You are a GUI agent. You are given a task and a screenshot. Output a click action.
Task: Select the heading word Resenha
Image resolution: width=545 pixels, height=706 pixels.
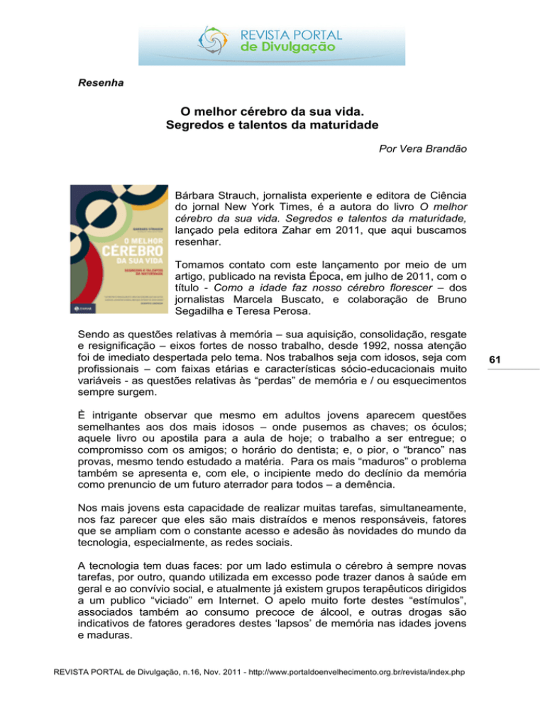tap(101, 82)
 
